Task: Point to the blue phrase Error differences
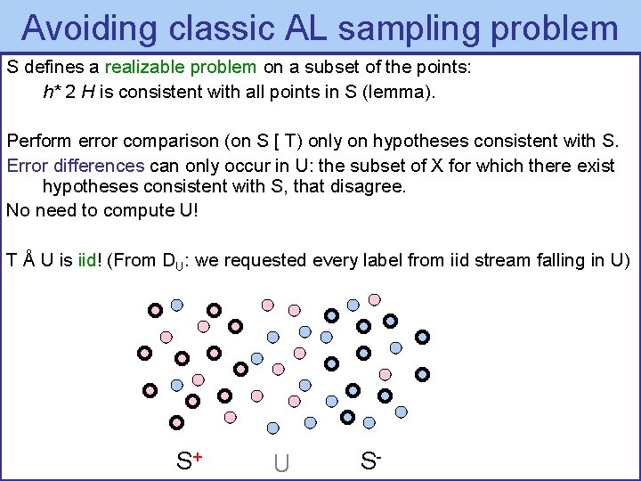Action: coord(76,166)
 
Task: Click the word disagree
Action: coord(369,187)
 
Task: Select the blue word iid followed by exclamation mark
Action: coord(87,261)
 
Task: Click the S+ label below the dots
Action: coord(189,461)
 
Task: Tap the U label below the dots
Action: coord(281,463)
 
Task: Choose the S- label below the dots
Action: coord(371,461)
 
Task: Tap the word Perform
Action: coord(34,141)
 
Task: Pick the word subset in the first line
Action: coord(345,67)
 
